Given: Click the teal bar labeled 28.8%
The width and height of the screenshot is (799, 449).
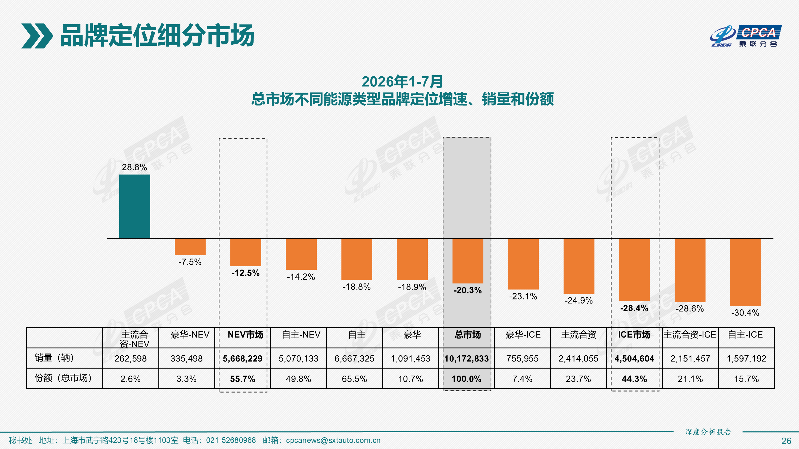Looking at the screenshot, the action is tap(134, 206).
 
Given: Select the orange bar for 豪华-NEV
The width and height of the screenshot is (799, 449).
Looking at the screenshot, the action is tap(190, 247).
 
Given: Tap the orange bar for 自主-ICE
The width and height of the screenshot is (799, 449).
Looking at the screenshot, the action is tap(745, 272).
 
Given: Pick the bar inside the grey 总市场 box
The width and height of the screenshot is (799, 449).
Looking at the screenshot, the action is tap(468, 261).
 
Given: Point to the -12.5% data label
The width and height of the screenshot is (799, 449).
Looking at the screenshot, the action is tap(245, 273).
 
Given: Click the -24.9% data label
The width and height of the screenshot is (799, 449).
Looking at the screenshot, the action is tap(578, 300).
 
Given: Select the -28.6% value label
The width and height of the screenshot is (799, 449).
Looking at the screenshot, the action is tap(690, 308).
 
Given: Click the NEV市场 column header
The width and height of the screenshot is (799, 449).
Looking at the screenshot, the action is tap(245, 335).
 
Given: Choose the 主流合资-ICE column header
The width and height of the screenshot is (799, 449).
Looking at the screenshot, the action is tap(690, 335).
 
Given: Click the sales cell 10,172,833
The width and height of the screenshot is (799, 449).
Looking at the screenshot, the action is tap(467, 359).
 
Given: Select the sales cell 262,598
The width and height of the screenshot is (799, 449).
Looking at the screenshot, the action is tap(130, 359).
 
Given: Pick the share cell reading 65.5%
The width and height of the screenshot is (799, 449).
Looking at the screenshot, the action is tap(354, 379).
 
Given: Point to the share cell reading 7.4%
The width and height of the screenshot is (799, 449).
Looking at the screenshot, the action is tap(522, 379).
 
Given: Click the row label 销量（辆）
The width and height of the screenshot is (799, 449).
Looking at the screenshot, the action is tap(54, 358).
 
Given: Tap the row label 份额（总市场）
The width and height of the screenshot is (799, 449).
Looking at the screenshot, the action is tap(63, 378).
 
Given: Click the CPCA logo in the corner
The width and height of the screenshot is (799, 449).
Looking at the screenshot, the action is tap(746, 36).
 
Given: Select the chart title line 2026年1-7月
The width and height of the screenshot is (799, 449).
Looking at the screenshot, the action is tap(402, 82).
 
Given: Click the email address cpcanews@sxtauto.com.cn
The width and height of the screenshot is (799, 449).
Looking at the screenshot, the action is tap(333, 440).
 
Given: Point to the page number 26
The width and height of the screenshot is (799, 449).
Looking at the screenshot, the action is tap(786, 441).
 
